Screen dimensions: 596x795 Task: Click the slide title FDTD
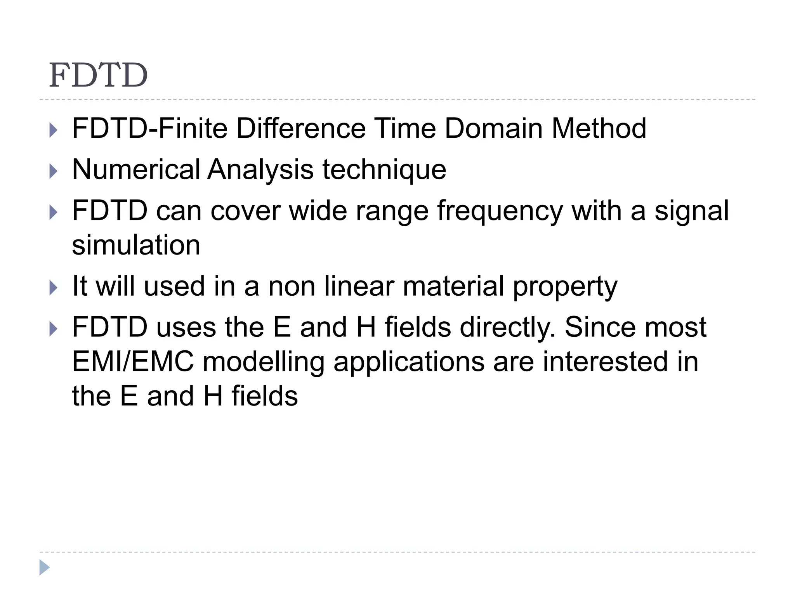(x=98, y=75)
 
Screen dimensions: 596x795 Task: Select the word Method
(x=599, y=128)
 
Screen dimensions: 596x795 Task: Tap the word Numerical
(x=136, y=170)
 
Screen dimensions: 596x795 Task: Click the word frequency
(x=500, y=212)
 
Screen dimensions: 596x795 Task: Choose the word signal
(x=692, y=212)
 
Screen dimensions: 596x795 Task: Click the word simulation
(x=136, y=245)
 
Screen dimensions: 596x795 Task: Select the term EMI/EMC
(x=133, y=362)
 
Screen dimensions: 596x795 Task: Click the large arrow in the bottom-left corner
(x=44, y=567)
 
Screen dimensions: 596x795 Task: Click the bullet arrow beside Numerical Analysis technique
(x=54, y=171)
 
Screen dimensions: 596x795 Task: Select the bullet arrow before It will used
(x=54, y=288)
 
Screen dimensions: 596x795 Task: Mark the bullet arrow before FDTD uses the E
(x=54, y=329)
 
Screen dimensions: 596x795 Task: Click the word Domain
(x=493, y=128)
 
